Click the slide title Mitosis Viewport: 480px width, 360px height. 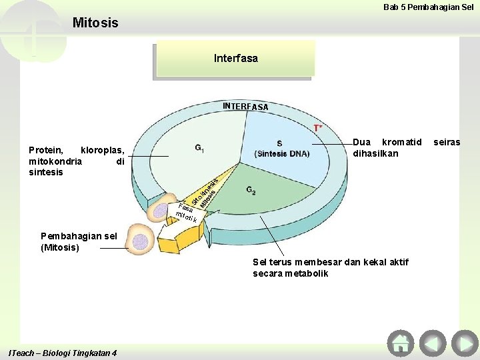coord(95,23)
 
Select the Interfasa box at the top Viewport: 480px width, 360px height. coord(235,59)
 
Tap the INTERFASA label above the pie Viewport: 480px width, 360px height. coord(245,107)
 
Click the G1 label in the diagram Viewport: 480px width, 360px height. coord(200,147)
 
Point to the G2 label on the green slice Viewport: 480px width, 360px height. coord(251,191)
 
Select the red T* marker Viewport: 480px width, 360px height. coord(319,127)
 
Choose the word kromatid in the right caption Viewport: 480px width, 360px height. coord(403,142)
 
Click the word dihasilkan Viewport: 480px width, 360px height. coord(375,153)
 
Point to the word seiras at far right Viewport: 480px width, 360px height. coord(447,142)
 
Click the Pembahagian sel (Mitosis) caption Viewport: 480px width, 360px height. coord(69,242)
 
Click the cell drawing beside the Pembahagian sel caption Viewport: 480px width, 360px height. coord(140,241)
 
